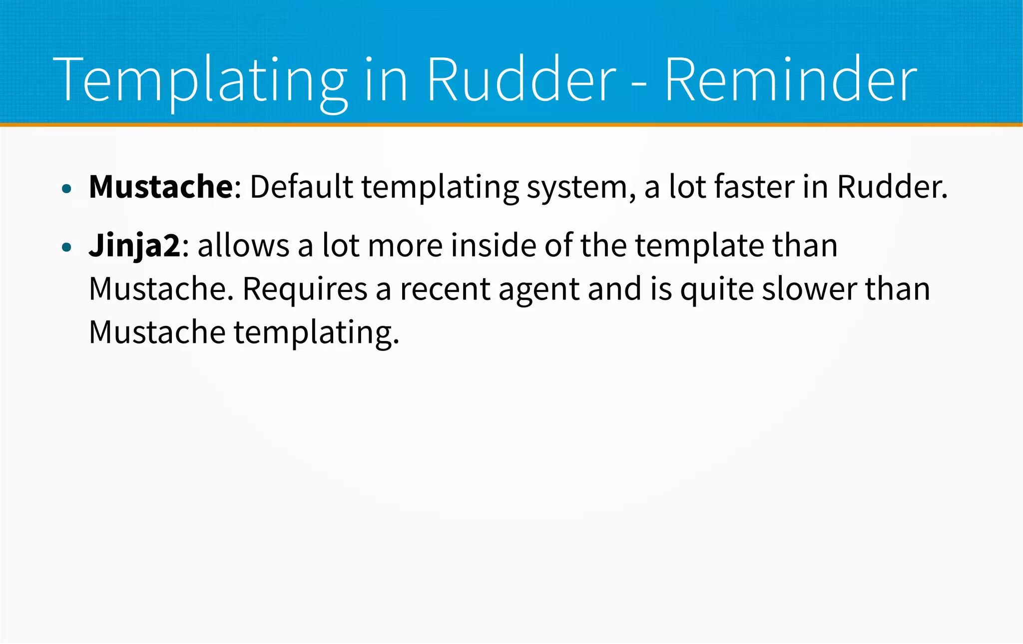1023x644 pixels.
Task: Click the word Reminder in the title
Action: (790, 80)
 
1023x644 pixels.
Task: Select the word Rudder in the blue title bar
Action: (521, 80)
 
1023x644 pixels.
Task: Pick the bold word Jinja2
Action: (134, 246)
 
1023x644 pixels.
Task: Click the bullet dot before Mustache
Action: (67, 189)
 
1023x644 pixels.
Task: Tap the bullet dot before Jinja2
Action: (67, 247)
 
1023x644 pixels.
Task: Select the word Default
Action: (301, 187)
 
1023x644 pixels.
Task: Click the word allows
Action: (243, 246)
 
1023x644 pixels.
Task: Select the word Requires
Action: (305, 290)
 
